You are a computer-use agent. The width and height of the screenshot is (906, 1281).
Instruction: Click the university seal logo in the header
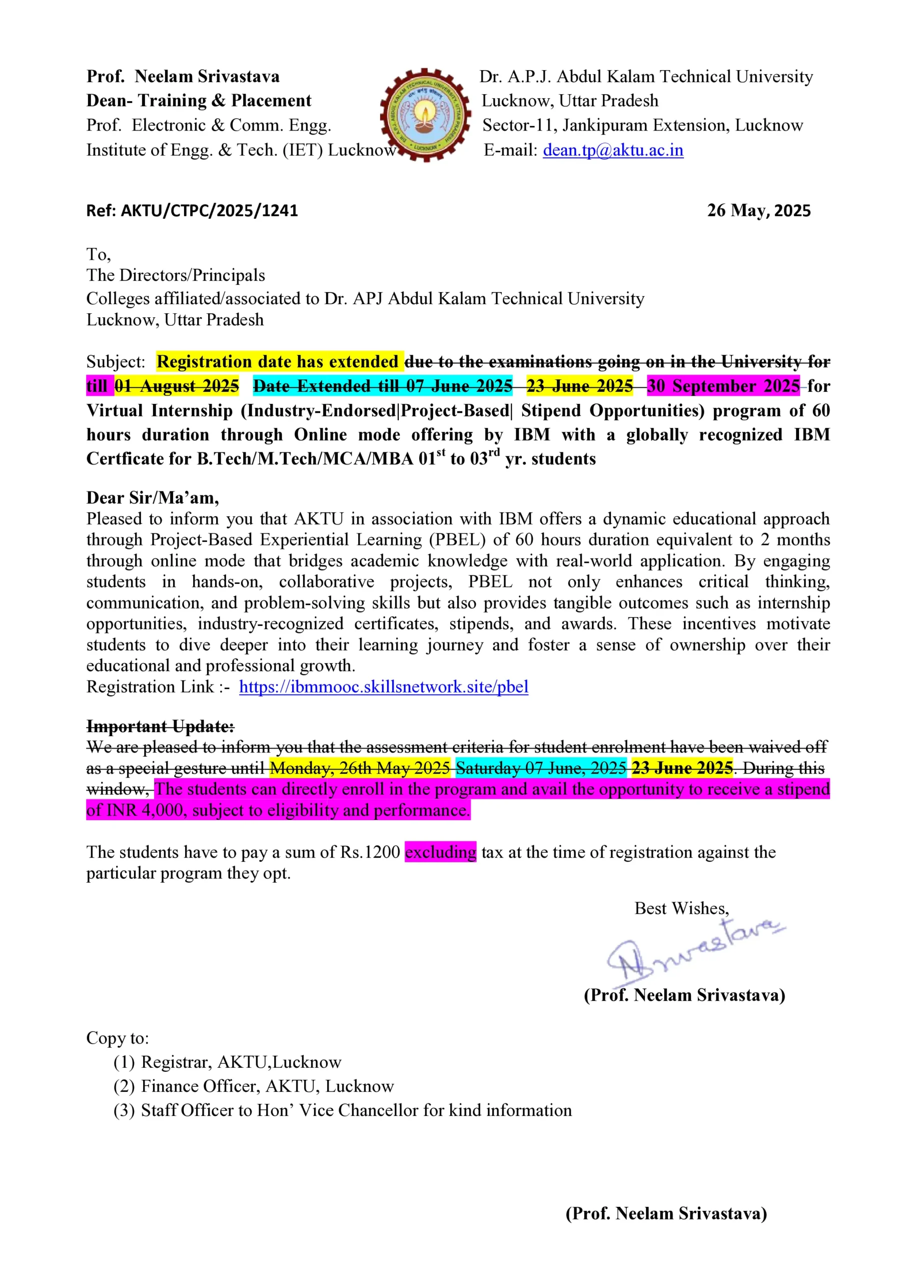pyautogui.click(x=425, y=115)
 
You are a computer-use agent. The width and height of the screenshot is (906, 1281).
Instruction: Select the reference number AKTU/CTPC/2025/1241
pyautogui.click(x=209, y=210)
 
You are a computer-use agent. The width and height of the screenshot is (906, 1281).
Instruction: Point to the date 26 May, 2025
pyautogui.click(x=759, y=210)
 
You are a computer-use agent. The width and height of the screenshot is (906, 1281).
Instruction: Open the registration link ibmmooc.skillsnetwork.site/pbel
pyautogui.click(x=383, y=687)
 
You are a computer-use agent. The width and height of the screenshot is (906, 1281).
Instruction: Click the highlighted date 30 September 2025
pyautogui.click(x=723, y=386)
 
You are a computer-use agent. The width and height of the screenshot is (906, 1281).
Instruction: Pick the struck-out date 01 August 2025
pyautogui.click(x=177, y=386)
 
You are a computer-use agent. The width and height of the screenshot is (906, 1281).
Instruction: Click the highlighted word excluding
pyautogui.click(x=440, y=852)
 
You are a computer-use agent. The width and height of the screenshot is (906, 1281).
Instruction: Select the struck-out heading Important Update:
pyautogui.click(x=161, y=727)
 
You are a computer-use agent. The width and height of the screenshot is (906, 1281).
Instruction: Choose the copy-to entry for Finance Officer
pyautogui.click(x=267, y=1086)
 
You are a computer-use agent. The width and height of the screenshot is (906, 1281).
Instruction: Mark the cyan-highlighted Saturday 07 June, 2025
pyautogui.click(x=541, y=768)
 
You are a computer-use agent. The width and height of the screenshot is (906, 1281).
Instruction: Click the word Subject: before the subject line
pyautogui.click(x=116, y=362)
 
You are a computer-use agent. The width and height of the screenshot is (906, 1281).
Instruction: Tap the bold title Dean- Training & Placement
pyautogui.click(x=199, y=101)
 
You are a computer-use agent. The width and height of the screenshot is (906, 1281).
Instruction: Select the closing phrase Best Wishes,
pyautogui.click(x=681, y=908)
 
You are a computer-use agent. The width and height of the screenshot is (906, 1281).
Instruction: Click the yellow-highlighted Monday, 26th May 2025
pyautogui.click(x=360, y=768)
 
